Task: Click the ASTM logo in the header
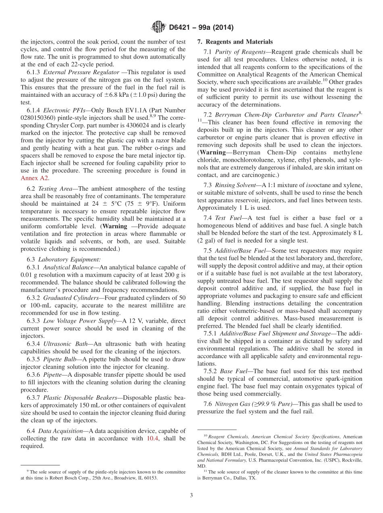coord(158,27)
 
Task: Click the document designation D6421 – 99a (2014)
coord(201,28)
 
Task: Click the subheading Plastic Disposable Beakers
coord(77,398)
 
